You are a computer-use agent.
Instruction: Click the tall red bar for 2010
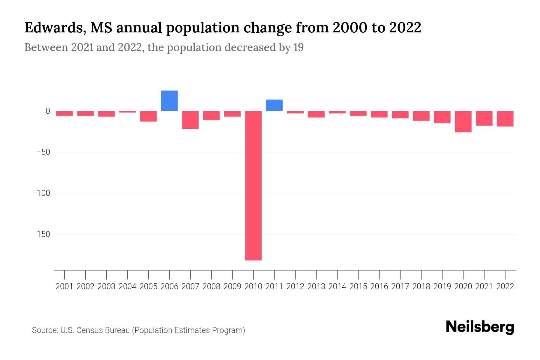pos(253,185)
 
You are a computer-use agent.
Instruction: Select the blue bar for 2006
pos(169,101)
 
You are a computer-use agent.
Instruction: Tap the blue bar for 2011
pos(274,105)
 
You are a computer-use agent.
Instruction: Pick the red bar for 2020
pos(463,121)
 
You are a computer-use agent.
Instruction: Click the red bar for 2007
pos(190,120)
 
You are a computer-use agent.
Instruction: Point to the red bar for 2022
pos(505,119)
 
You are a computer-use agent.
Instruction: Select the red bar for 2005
pos(148,116)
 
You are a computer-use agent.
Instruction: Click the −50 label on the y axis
pos(43,152)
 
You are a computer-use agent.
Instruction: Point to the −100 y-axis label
pos(41,193)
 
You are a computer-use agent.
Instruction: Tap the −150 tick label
pos(41,234)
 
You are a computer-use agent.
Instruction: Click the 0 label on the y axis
pos(48,111)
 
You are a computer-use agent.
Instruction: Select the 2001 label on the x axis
pos(64,286)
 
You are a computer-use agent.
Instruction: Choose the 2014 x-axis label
pos(337,286)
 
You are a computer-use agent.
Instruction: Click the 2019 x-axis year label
pos(442,286)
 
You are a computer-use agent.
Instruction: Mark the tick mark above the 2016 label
pos(379,274)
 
